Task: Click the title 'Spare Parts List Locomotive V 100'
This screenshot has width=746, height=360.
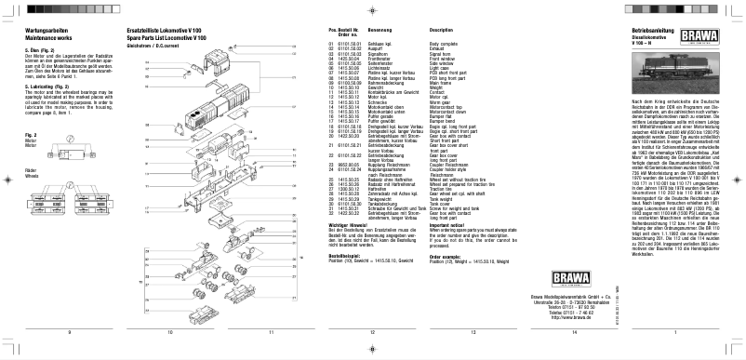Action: [180, 38]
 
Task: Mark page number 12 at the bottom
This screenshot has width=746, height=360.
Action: [371, 331]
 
